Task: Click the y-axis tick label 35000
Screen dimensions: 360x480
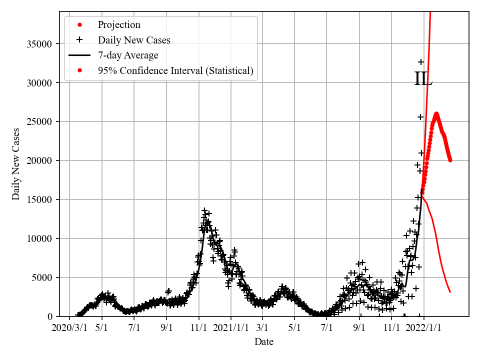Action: coord(39,44)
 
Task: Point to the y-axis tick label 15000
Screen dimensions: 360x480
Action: coord(39,199)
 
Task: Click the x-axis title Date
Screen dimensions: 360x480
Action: coord(264,342)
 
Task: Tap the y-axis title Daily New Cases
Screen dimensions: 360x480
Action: coord(16,164)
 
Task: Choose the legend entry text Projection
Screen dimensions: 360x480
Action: coord(119,25)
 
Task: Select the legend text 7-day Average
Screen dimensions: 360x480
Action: coord(128,55)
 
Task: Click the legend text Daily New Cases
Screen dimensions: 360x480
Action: coord(134,40)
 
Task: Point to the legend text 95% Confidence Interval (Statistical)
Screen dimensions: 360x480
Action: coord(175,71)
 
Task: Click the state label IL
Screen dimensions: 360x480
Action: coord(423,79)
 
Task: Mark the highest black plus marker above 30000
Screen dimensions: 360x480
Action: coord(421,62)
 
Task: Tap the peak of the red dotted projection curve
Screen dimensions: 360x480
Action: coord(436,114)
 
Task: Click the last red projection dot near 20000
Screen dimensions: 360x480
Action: coord(450,160)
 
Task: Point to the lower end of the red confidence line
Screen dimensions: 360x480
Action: coord(450,291)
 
